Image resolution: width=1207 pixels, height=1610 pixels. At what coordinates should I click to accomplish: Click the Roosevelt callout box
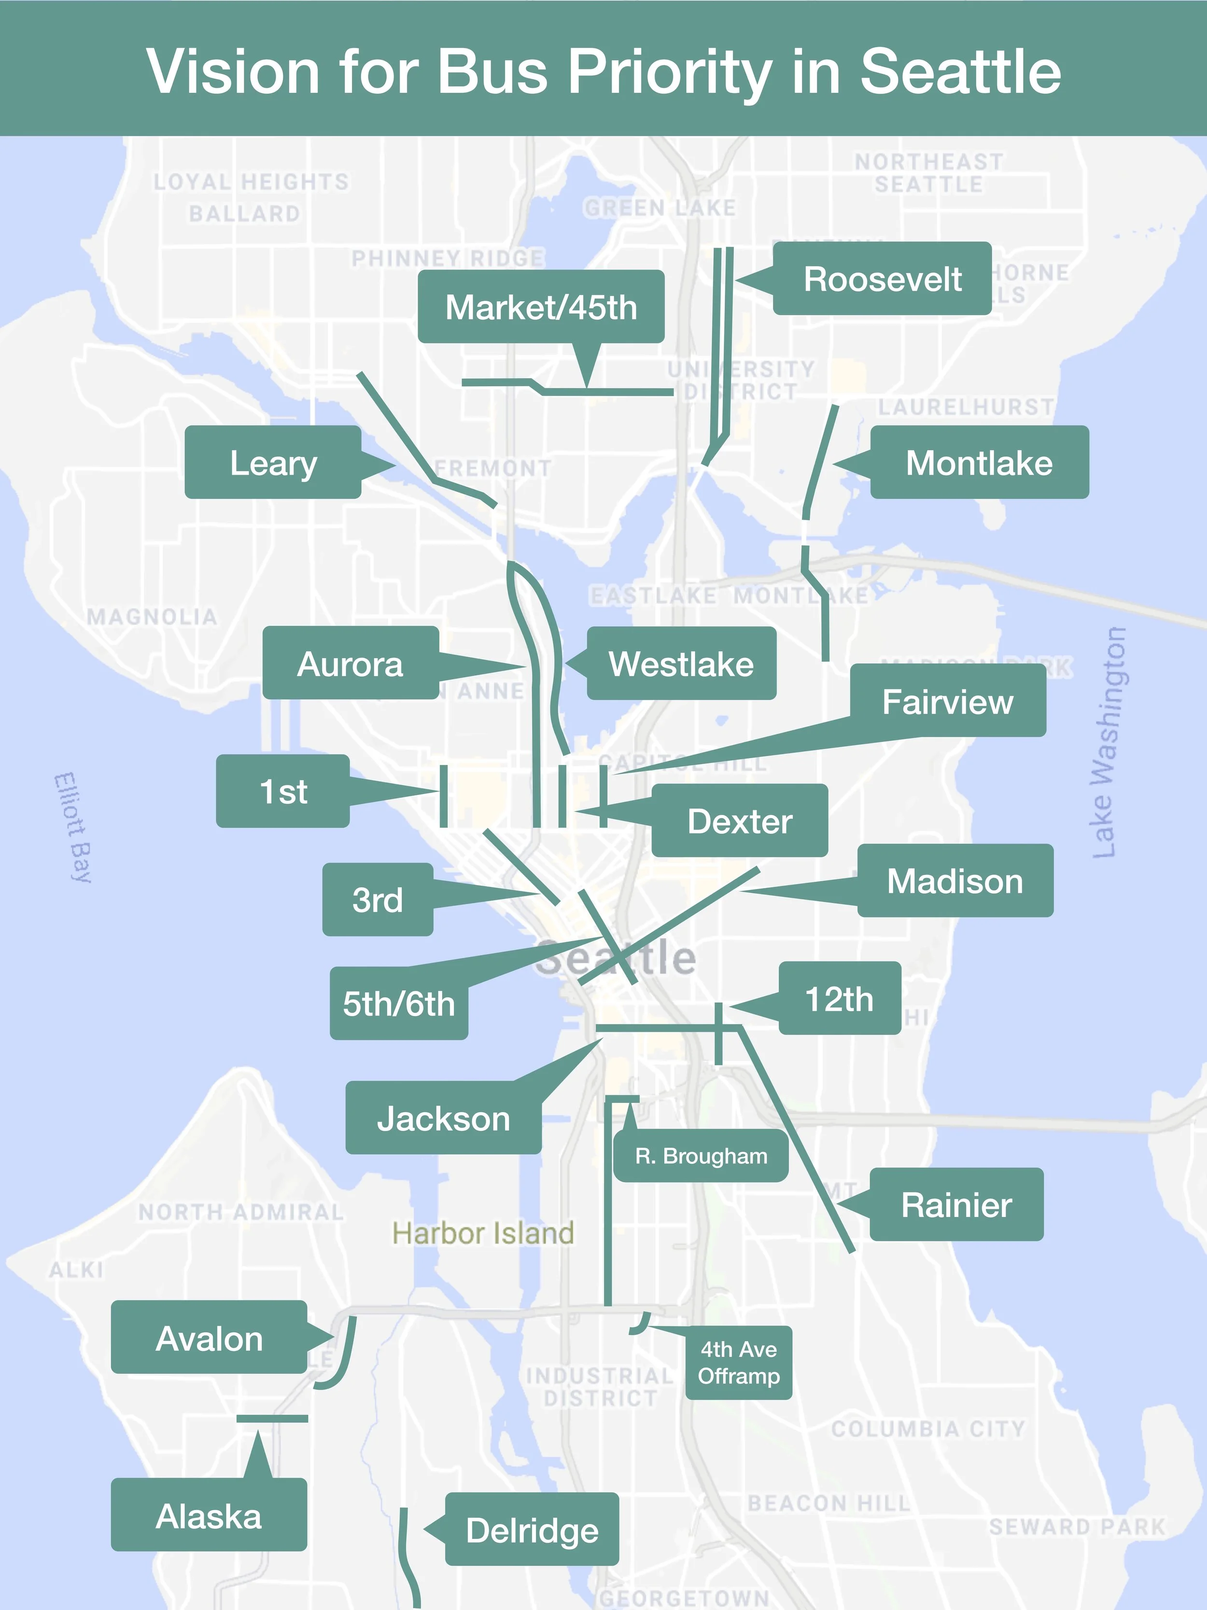pos(882,279)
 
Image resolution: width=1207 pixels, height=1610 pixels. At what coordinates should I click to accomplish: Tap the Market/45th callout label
pos(541,307)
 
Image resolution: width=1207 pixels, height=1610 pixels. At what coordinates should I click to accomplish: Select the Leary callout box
pos(273,463)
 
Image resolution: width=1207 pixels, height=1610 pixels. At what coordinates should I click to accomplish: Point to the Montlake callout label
pos(979,463)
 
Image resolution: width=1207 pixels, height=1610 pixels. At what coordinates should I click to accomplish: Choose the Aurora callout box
pos(350,664)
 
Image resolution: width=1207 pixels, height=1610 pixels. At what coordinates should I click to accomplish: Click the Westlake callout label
pos(681,664)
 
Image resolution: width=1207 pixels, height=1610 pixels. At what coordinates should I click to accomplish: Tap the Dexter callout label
pos(739,821)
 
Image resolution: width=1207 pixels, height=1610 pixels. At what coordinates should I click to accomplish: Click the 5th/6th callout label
pos(399,1003)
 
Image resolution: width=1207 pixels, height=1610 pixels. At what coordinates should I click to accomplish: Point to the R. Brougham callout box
pos(701,1156)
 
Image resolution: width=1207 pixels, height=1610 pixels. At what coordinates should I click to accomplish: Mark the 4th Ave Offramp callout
pos(739,1363)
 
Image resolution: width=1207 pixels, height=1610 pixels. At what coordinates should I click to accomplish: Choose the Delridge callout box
pos(532,1530)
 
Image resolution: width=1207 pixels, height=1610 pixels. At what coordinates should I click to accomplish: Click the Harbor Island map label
pos(483,1233)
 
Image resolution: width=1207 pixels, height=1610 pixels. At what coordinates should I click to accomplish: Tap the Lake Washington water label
pos(1109,742)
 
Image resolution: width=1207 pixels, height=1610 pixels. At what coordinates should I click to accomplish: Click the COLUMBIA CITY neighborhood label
pos(927,1429)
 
